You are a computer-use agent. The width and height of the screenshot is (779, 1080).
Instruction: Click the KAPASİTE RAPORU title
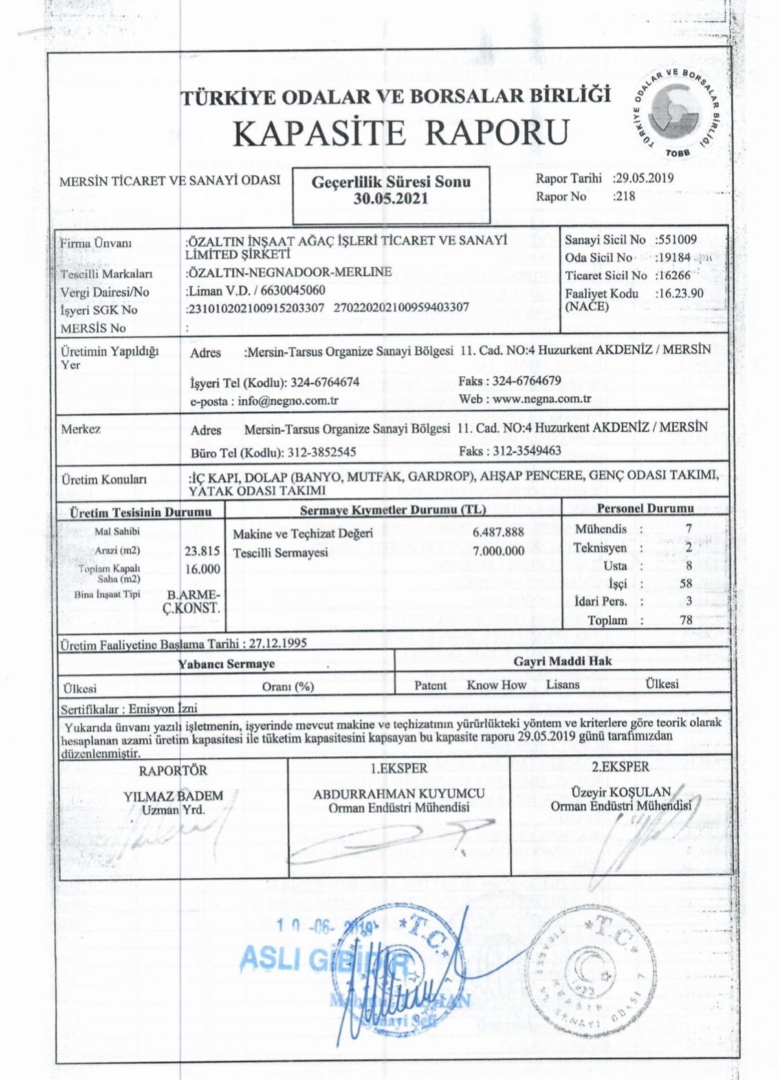click(x=399, y=133)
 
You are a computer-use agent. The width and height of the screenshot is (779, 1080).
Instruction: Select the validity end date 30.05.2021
click(x=390, y=199)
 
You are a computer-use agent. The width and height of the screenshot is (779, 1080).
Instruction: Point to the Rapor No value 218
click(x=626, y=197)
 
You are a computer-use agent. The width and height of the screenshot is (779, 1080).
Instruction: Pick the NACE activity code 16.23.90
click(x=679, y=293)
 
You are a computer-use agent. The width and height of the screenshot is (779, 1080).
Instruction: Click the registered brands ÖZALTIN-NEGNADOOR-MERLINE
click(x=289, y=272)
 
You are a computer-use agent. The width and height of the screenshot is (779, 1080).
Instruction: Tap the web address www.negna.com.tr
click(x=542, y=399)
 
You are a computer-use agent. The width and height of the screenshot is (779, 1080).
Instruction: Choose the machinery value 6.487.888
click(x=498, y=533)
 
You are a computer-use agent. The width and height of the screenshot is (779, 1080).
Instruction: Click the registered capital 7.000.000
click(x=498, y=552)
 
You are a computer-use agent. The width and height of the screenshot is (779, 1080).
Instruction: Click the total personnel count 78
click(x=686, y=620)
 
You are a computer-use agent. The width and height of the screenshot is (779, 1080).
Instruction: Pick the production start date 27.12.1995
click(x=274, y=644)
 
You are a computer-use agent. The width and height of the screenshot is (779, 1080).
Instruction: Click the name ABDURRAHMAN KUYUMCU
click(x=399, y=794)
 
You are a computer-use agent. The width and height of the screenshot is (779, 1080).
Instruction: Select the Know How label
click(x=497, y=685)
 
